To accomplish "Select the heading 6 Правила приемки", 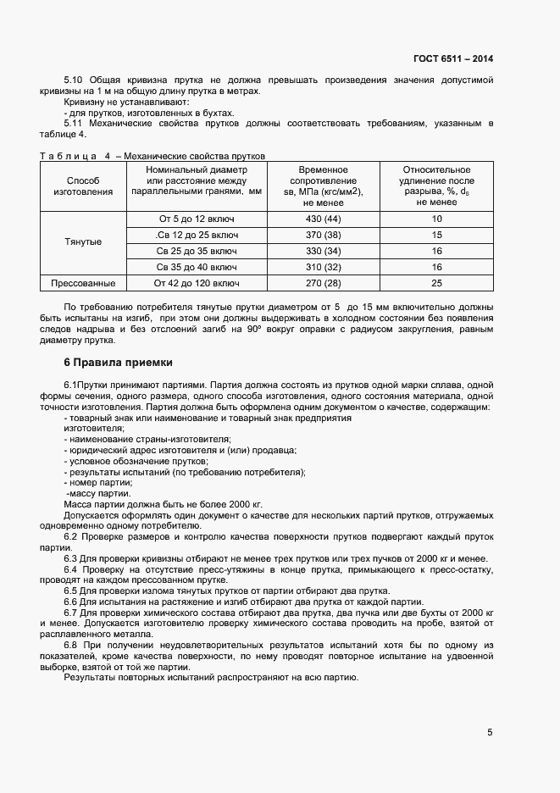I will [x=119, y=363].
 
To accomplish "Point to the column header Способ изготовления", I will [x=83, y=186].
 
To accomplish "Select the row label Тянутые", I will [x=83, y=242].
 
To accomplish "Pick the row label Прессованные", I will [x=83, y=283].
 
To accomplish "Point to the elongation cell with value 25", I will [x=436, y=283].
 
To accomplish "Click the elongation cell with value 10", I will [x=436, y=219].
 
